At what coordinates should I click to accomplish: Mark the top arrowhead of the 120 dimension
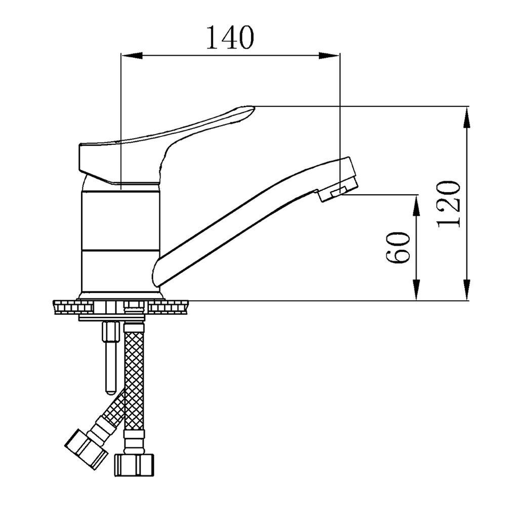(x=467, y=114)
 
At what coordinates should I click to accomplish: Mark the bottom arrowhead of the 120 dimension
(x=467, y=293)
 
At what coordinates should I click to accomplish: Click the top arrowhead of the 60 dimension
(x=416, y=202)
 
